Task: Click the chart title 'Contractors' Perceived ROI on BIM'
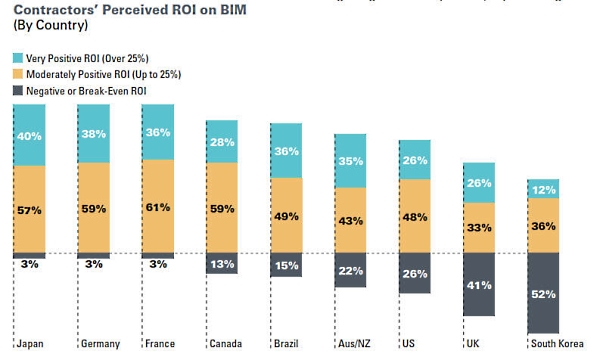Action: coord(131,10)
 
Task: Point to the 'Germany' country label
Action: coord(99,344)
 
